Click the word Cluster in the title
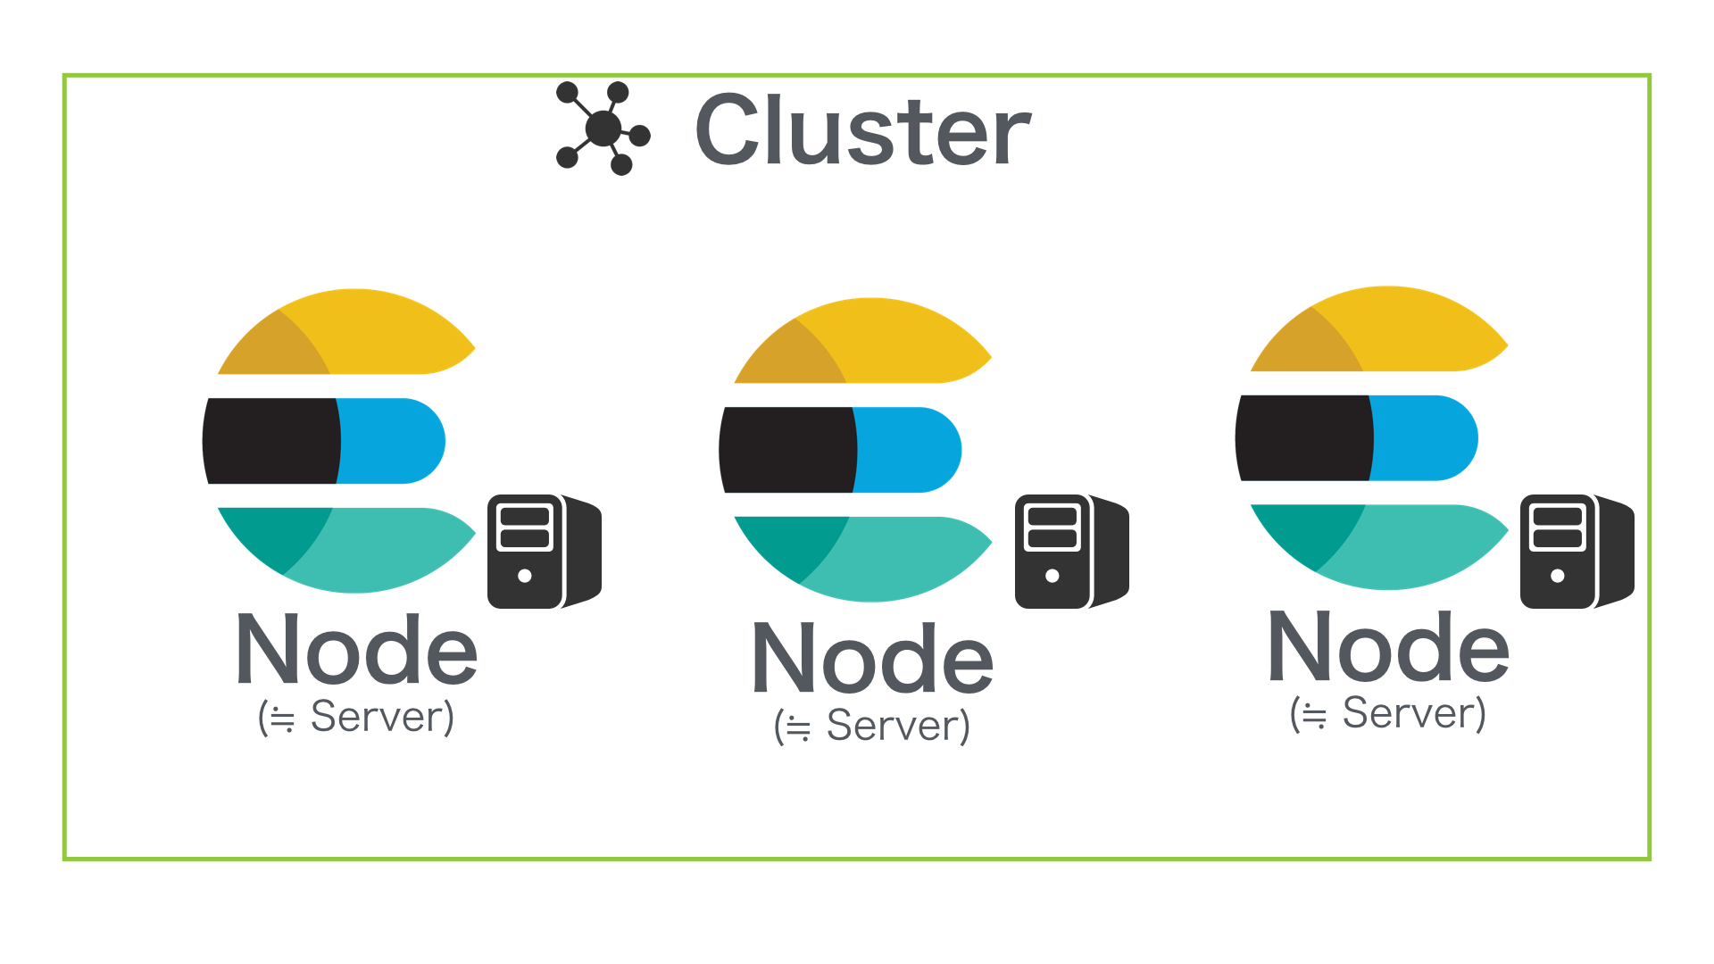click(x=862, y=131)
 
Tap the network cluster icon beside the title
click(x=603, y=129)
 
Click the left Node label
click(x=356, y=650)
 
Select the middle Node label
click(x=872, y=659)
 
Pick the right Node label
click(x=1388, y=647)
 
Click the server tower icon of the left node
click(x=543, y=552)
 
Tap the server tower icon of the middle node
click(x=1070, y=552)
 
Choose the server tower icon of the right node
click(x=1576, y=552)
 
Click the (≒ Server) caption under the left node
click(x=356, y=717)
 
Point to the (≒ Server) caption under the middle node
click(x=872, y=726)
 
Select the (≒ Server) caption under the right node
click(x=1388, y=713)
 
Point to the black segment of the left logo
click(x=271, y=441)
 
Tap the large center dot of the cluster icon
click(x=603, y=129)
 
